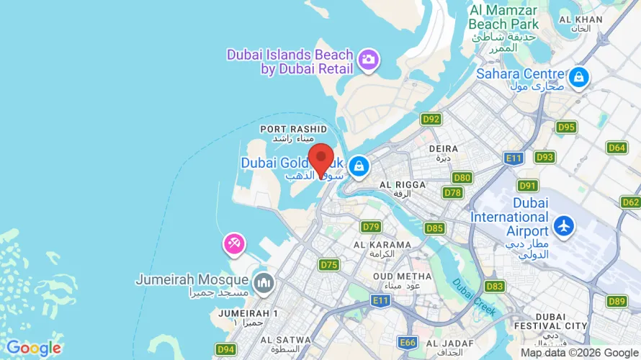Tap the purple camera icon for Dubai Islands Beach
coord(369,60)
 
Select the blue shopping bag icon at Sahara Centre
coord(578,77)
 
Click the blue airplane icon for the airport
coord(563,226)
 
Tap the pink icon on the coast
coord(234,243)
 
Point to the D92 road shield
coord(431,120)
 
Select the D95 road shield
coord(566,127)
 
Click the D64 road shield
coord(617,148)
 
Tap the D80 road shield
coord(462,178)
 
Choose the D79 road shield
coord(371,227)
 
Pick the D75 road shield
coord(329,264)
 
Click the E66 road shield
coord(408,342)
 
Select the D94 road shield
coord(226,350)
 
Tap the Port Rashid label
coord(288,133)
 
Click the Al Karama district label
coord(382,249)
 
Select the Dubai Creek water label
coord(473,296)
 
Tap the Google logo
coord(33,348)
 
